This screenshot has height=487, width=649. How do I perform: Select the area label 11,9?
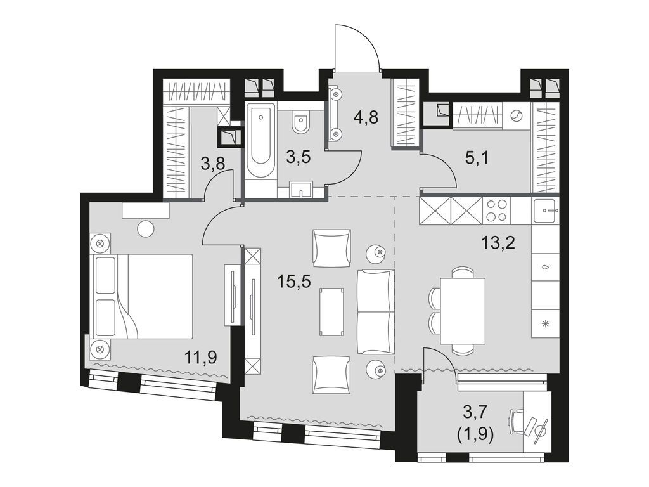click(201, 358)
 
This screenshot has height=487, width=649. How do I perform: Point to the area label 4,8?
click(367, 117)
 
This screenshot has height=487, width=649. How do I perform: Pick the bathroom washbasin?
click(301, 189)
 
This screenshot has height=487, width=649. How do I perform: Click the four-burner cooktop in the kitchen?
click(496, 211)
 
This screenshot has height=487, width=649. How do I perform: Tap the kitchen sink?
click(544, 210)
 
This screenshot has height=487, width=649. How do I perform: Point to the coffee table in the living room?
click(332, 311)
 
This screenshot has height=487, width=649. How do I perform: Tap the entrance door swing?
click(357, 48)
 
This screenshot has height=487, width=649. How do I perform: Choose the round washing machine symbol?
click(517, 115)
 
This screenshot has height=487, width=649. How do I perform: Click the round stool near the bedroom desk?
click(146, 229)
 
